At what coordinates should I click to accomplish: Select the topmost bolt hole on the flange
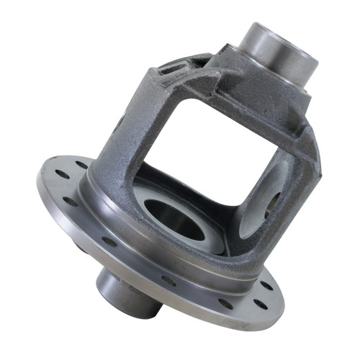pyautogui.click(x=81, y=165)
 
